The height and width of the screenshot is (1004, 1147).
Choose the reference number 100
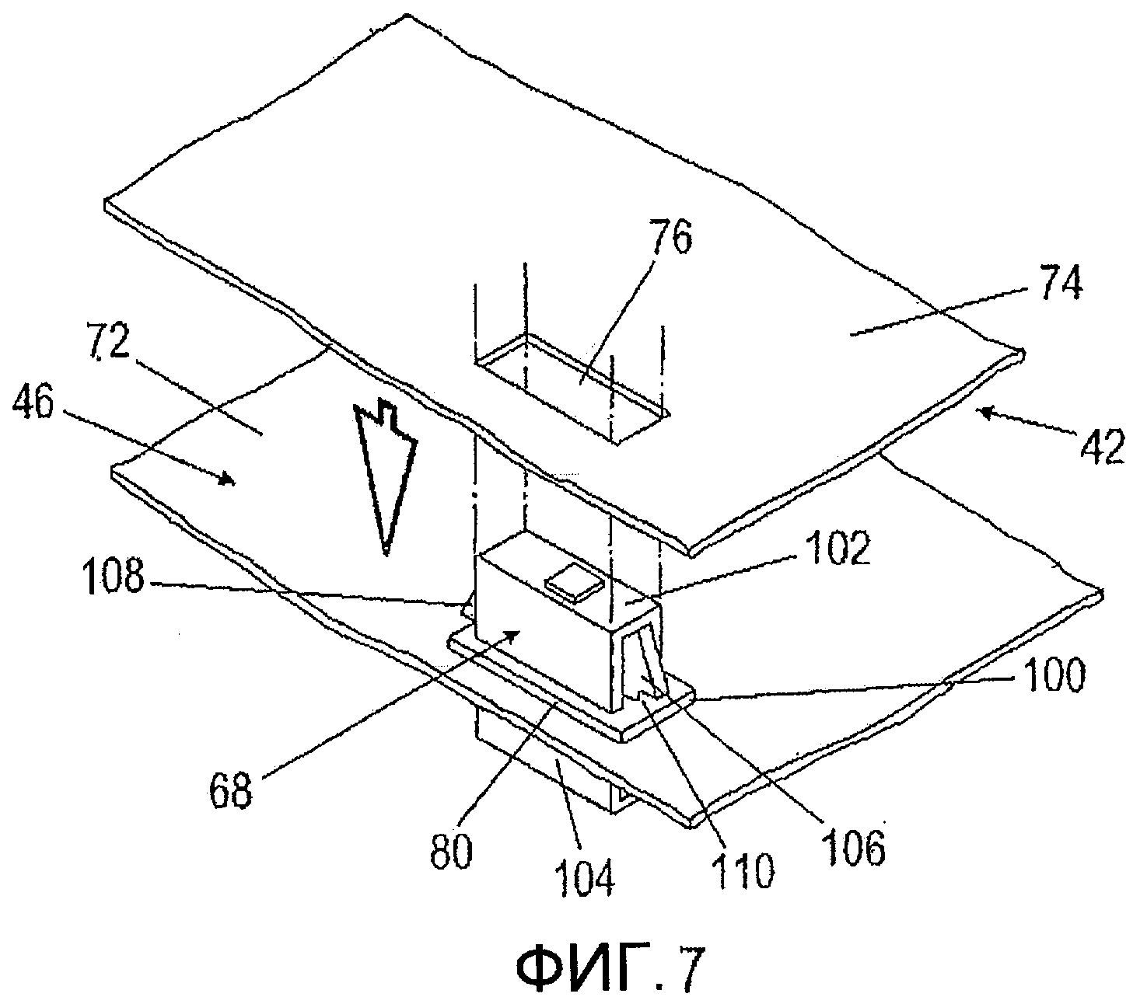click(1054, 676)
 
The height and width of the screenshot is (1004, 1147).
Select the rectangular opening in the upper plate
click(572, 389)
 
